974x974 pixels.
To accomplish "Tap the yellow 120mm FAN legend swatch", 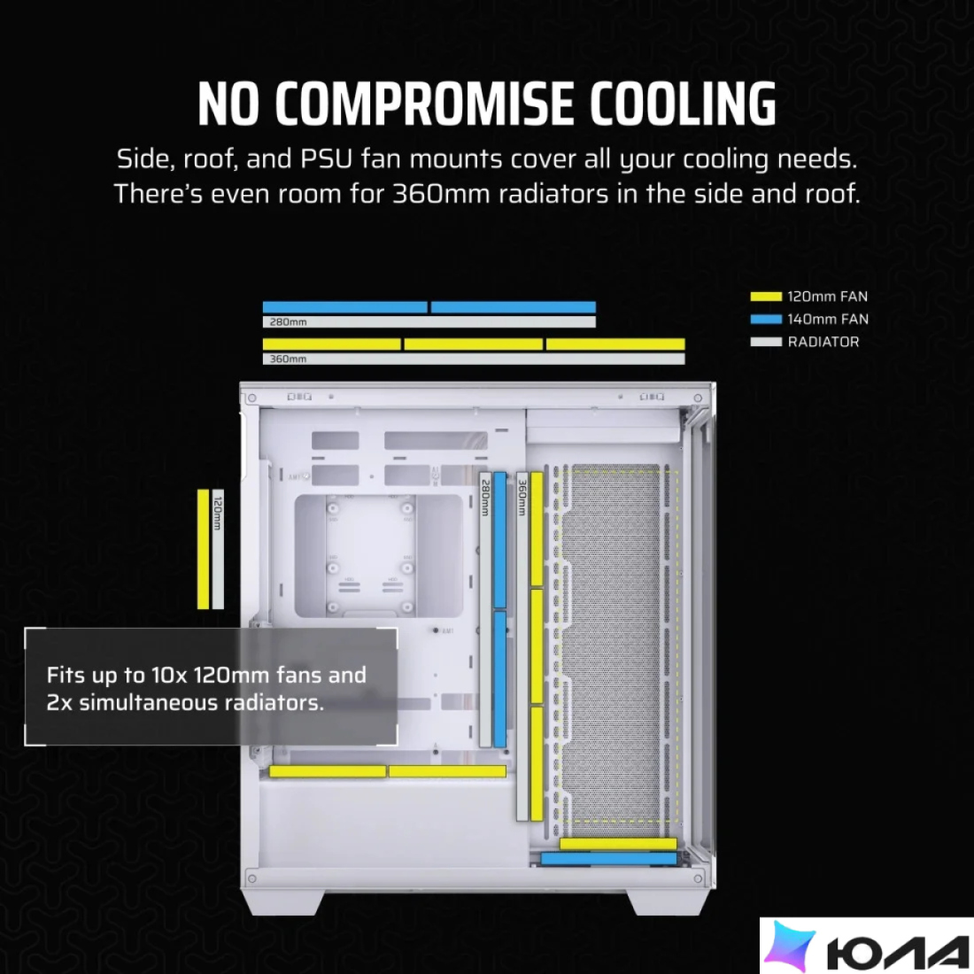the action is click(x=766, y=297).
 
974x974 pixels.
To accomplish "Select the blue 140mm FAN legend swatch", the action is click(x=766, y=320).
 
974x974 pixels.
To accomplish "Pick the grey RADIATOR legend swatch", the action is click(x=766, y=342).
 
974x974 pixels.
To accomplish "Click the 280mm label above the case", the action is click(x=288, y=321).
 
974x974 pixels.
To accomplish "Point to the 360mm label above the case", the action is click(x=288, y=359).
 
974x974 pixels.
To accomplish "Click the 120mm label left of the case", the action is click(x=218, y=514).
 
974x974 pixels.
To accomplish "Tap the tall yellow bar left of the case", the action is click(x=203, y=549).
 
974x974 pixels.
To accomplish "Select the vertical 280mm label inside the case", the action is click(x=485, y=498).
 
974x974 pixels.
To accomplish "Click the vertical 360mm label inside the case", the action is click(x=522, y=498).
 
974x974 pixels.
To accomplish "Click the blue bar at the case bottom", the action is click(x=608, y=859).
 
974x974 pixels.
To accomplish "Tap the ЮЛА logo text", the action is click(x=897, y=951).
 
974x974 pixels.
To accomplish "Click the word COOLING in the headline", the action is click(x=683, y=104).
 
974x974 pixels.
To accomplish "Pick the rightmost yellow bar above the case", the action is click(x=615, y=344).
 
